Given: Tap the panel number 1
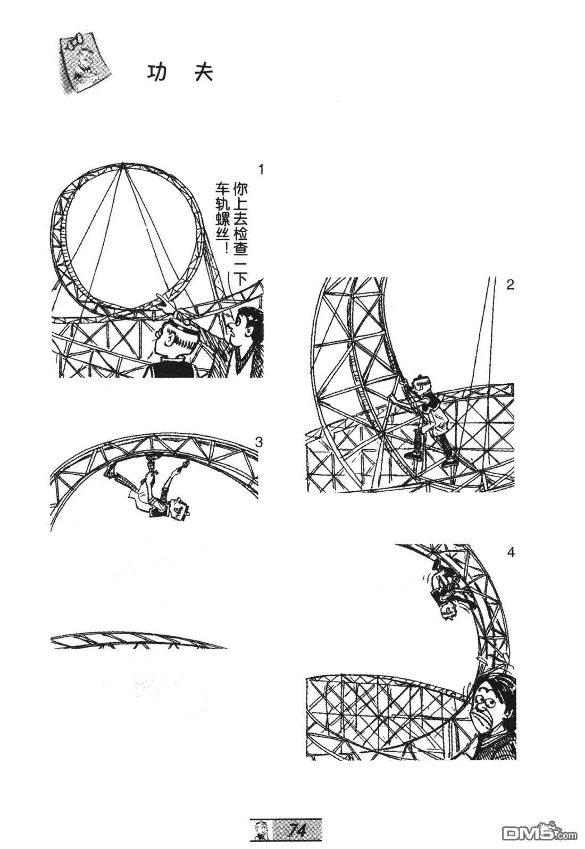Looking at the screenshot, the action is [x=261, y=170].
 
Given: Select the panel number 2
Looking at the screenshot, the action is [x=510, y=284].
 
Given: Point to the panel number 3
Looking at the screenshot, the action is [x=259, y=442].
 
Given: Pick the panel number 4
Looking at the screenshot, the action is [x=511, y=552].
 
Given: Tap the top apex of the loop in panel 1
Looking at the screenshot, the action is [x=122, y=164].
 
